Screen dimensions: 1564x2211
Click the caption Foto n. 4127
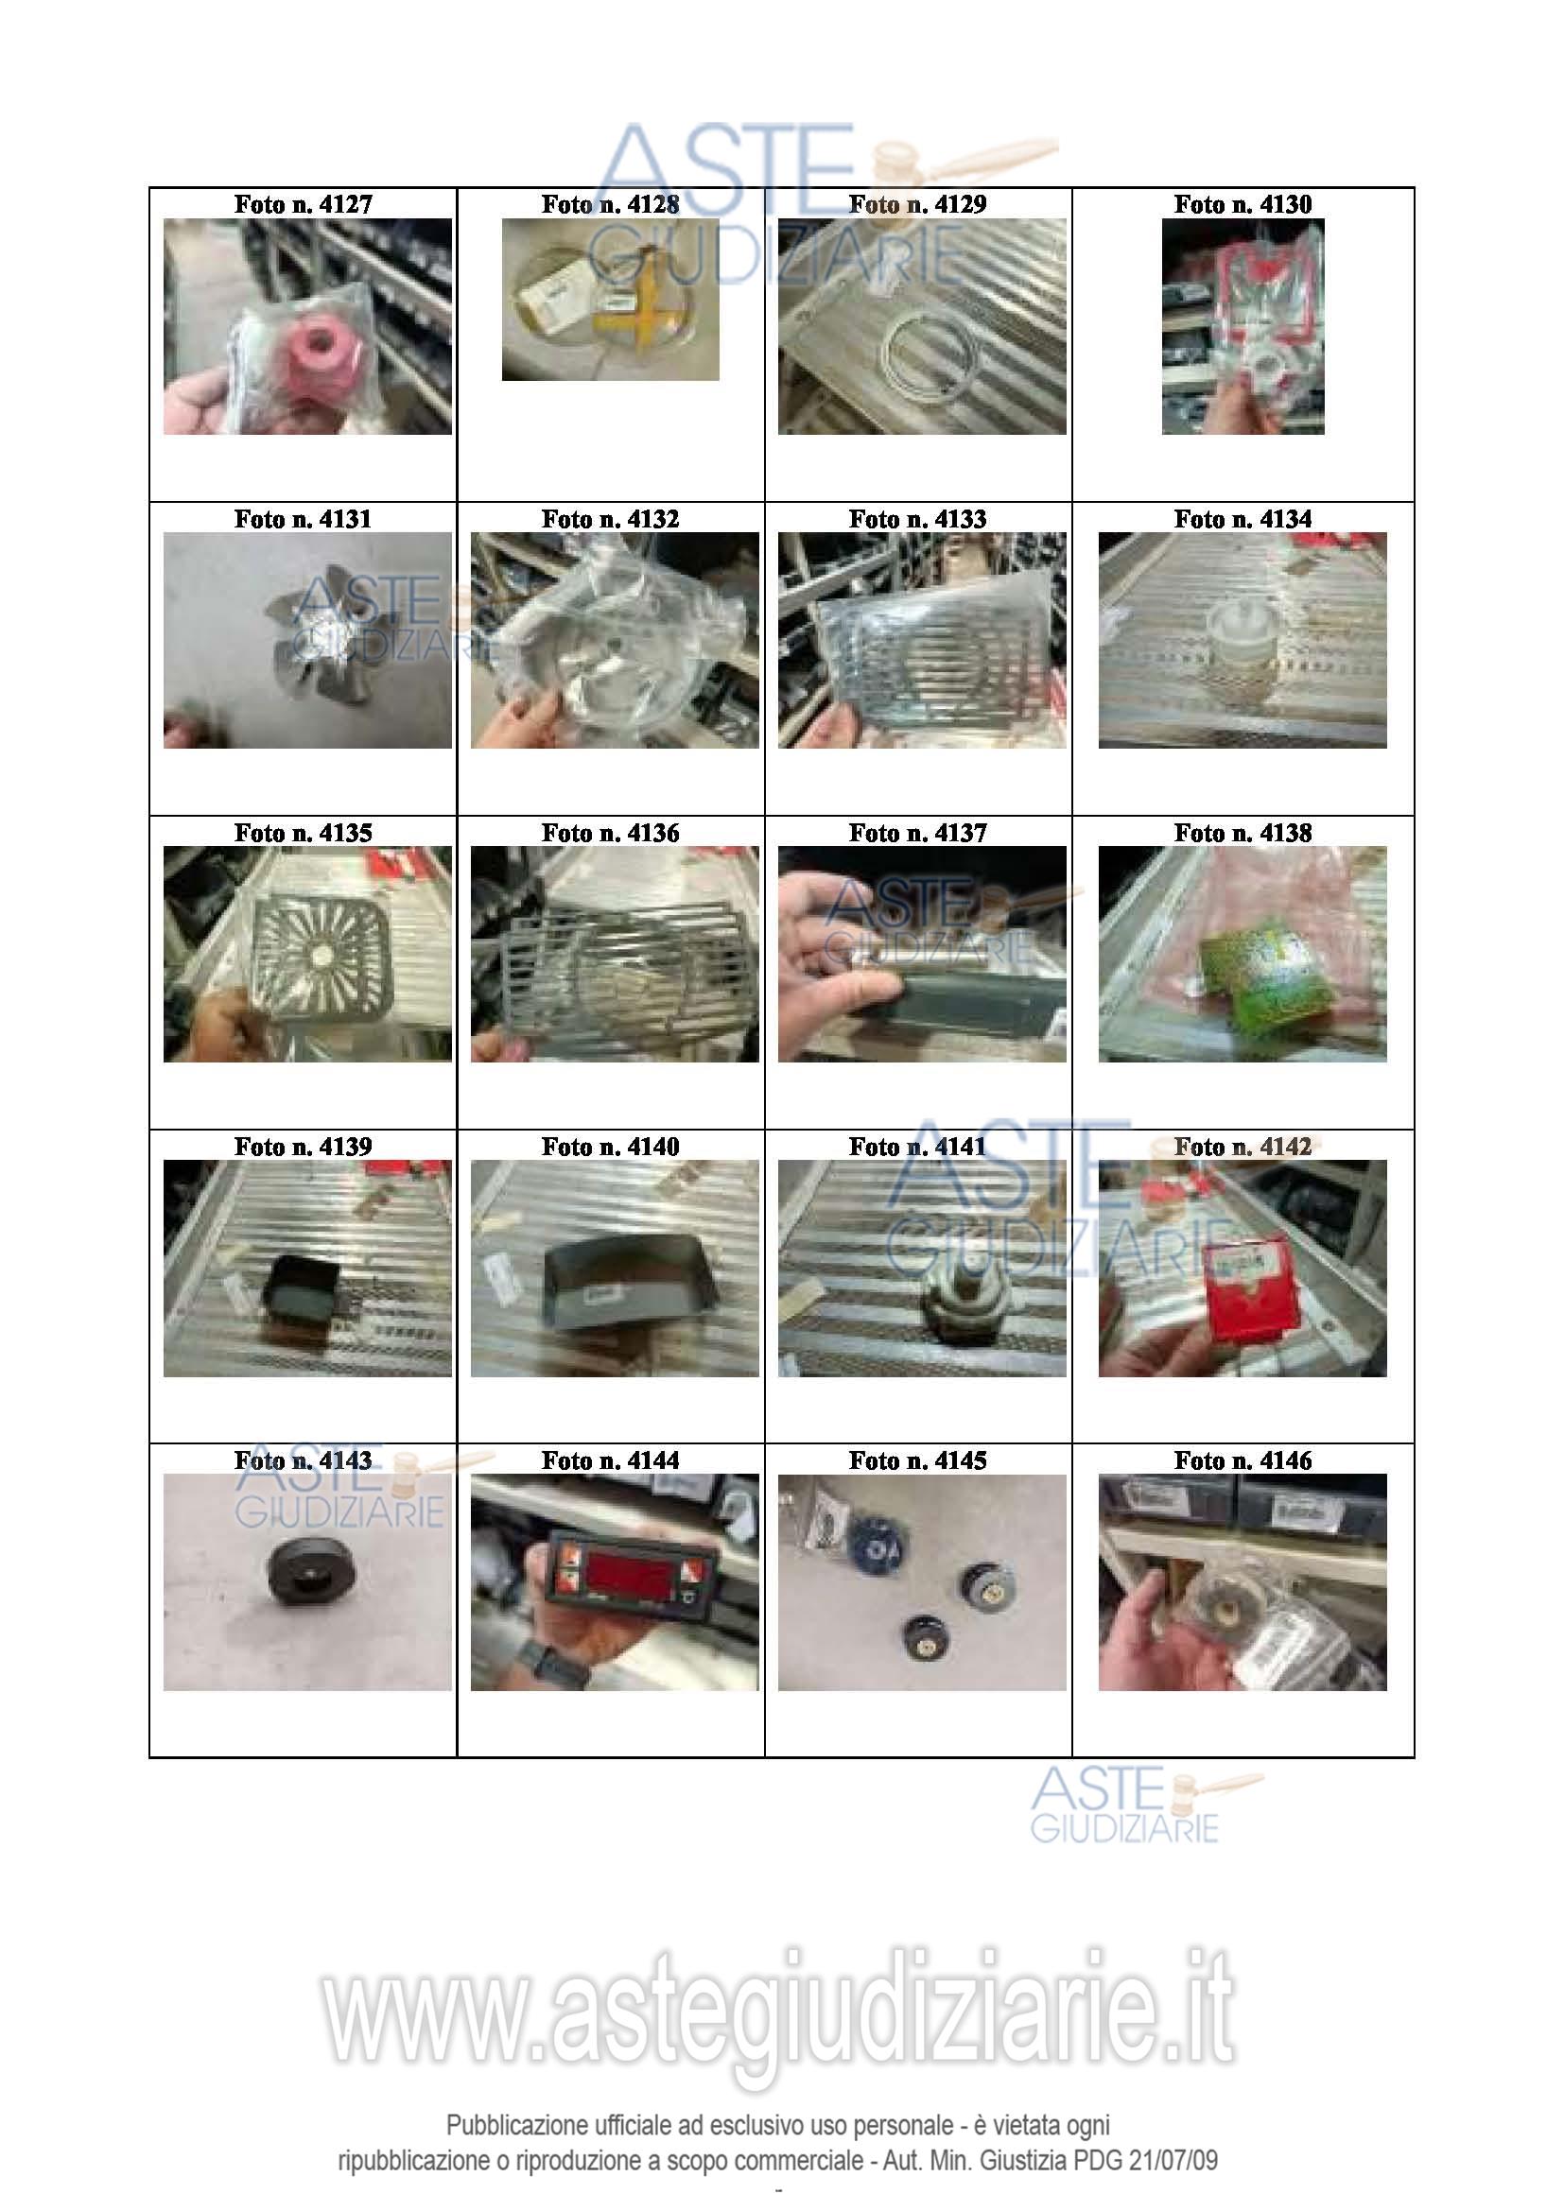303,204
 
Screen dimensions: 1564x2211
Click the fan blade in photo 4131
317,630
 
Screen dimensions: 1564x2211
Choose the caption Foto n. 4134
1243,519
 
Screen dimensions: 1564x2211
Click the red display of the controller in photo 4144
626,1575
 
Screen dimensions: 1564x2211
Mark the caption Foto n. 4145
918,1460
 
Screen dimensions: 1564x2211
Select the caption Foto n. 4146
1243,1460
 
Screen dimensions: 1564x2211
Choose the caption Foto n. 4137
918,833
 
